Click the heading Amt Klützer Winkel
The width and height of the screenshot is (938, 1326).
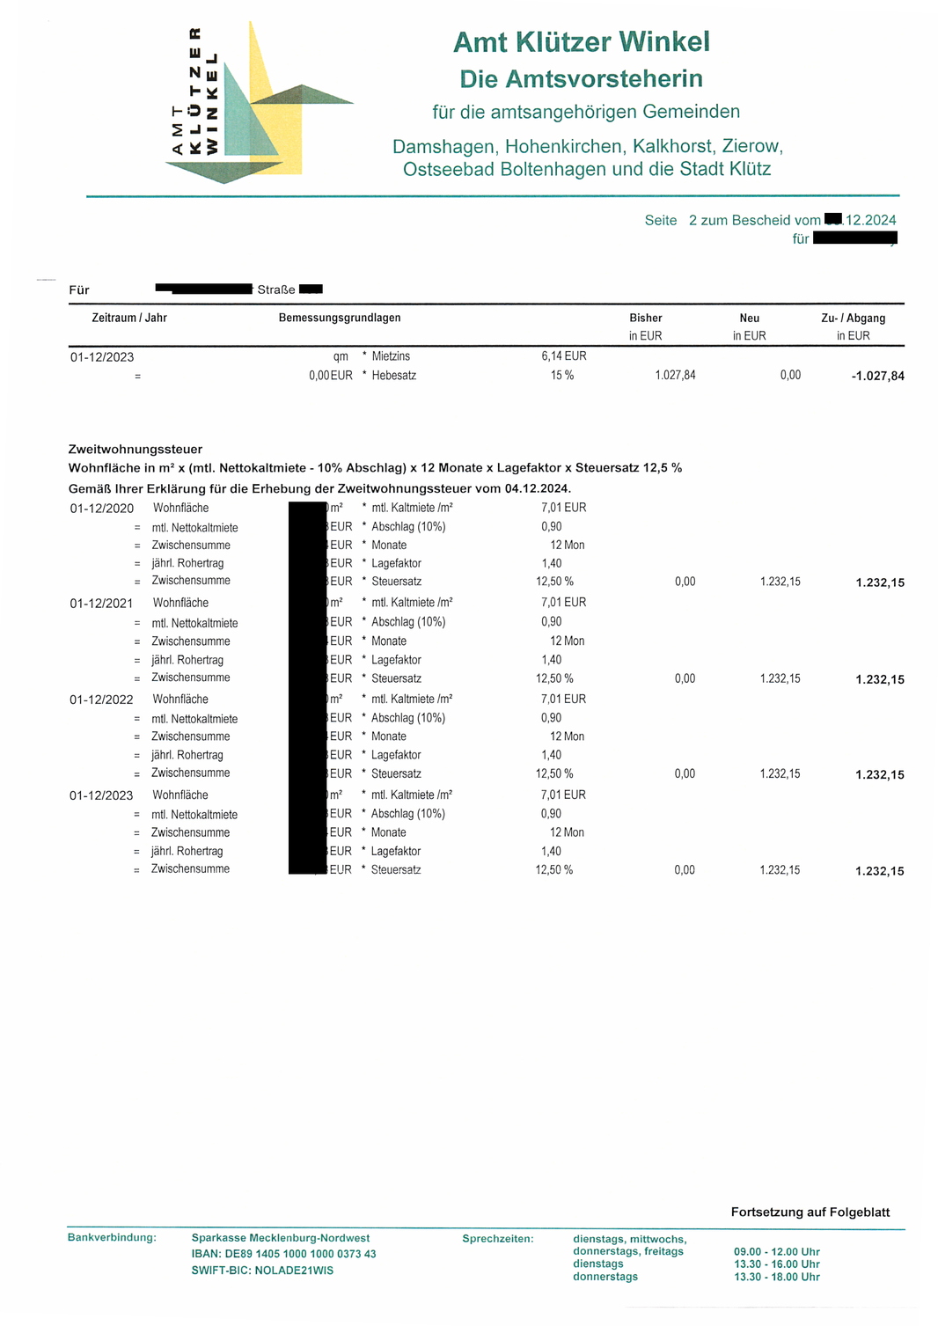(x=581, y=41)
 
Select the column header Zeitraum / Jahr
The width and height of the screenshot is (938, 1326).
(x=129, y=318)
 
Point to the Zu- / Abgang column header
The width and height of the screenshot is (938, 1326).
(x=853, y=318)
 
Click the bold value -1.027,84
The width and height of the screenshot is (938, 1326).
(x=877, y=376)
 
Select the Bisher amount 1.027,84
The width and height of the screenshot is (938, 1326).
(x=675, y=375)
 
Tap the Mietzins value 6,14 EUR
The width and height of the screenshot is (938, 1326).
(x=563, y=356)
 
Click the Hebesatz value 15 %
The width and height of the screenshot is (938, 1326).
(x=562, y=375)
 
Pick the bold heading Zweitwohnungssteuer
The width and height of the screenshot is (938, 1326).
(x=136, y=449)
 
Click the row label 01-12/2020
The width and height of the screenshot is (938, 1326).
(x=102, y=509)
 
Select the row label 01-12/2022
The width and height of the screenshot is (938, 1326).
(x=102, y=700)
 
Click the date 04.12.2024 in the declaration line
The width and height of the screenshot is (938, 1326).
(x=537, y=488)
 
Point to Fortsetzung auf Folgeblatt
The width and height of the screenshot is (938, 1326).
(x=810, y=1212)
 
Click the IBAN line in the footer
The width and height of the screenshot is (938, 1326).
(x=283, y=1254)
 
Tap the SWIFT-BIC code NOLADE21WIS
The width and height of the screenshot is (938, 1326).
(x=294, y=1271)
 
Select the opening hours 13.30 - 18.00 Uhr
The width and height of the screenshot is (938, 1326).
(x=777, y=1277)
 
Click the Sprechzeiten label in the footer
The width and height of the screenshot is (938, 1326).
(x=498, y=1239)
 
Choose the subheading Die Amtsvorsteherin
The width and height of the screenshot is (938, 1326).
(x=581, y=78)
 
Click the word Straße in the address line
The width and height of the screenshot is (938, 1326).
(x=276, y=289)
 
